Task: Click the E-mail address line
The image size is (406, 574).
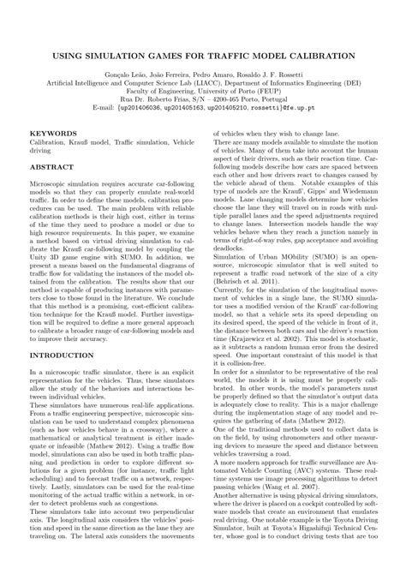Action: coord(203,110)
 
